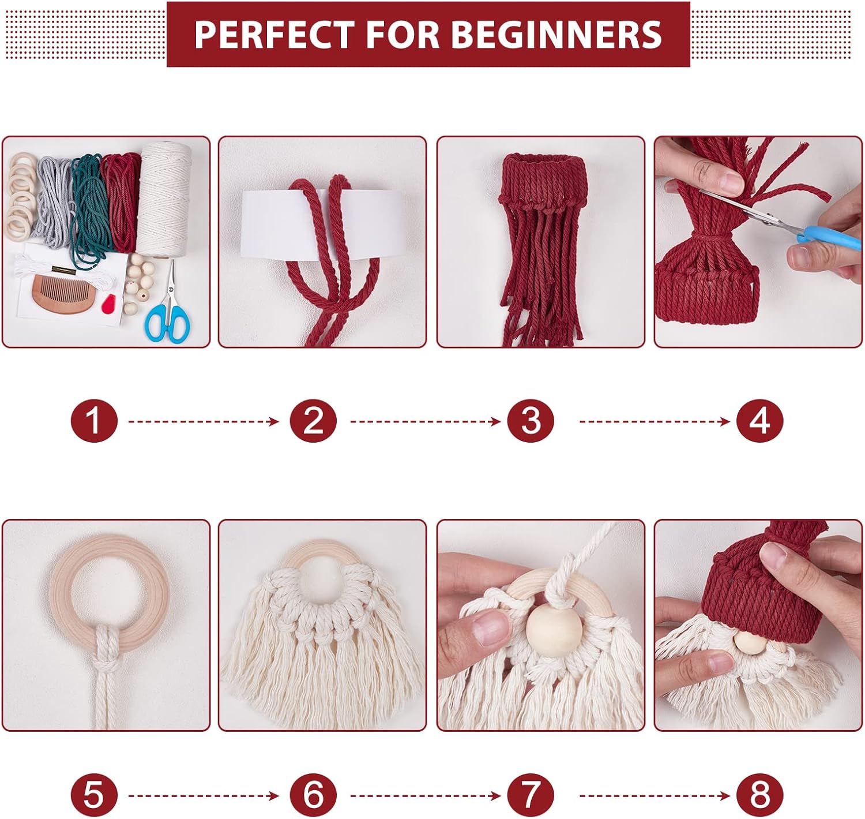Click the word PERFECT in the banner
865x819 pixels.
tap(273, 35)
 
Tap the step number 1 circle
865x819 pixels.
tap(94, 421)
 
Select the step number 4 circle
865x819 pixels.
tap(759, 421)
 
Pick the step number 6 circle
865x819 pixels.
tap(313, 795)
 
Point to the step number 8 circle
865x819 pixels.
tap(759, 795)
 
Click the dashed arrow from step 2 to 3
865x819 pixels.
tap(425, 421)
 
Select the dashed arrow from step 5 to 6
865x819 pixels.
tap(203, 795)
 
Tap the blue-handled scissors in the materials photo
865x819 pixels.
tap(168, 315)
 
